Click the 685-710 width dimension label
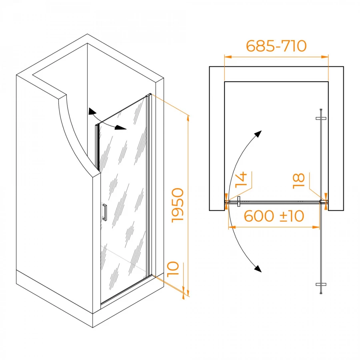(x=276, y=46)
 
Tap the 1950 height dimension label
(x=178, y=205)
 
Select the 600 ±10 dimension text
(x=274, y=216)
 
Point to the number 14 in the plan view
(x=241, y=180)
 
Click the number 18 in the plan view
(x=299, y=181)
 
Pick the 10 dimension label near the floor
(x=173, y=269)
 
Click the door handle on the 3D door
(x=105, y=212)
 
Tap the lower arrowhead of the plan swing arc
(x=258, y=268)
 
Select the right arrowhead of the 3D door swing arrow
(x=120, y=128)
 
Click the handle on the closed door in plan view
(x=239, y=201)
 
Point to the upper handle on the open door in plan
(x=321, y=118)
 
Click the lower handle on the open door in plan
(x=321, y=284)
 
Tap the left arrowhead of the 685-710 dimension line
(x=228, y=57)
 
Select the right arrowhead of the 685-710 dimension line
(x=325, y=57)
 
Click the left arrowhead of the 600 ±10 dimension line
(x=232, y=227)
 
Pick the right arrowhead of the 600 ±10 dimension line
(x=316, y=227)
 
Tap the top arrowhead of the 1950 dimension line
(x=188, y=119)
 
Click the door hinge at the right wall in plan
(x=324, y=202)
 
